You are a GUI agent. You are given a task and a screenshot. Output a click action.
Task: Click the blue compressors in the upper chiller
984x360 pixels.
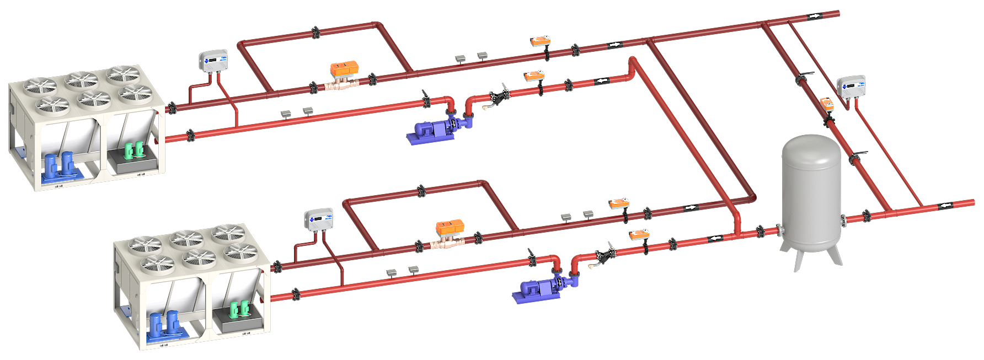pyautogui.click(x=59, y=165)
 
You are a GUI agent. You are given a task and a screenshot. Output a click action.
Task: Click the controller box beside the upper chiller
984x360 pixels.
pyautogui.click(x=213, y=60)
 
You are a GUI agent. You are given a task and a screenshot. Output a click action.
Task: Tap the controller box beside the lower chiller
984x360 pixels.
pyautogui.click(x=319, y=219)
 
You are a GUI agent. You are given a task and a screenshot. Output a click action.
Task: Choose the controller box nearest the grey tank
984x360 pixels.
pyautogui.click(x=851, y=87)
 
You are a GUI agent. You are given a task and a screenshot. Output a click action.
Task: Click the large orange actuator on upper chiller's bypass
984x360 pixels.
pyautogui.click(x=344, y=69)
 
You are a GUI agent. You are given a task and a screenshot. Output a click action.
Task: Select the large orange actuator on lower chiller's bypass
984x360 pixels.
pyautogui.click(x=450, y=227)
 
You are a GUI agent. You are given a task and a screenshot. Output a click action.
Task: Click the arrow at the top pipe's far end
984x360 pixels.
pyautogui.click(x=814, y=17)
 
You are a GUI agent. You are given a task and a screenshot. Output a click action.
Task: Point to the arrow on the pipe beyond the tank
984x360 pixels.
pyautogui.click(x=945, y=206)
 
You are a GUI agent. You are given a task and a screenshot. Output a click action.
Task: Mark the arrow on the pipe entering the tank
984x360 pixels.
pyautogui.click(x=715, y=239)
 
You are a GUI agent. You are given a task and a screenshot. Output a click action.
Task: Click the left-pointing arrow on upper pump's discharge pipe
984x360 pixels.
pyautogui.click(x=602, y=82)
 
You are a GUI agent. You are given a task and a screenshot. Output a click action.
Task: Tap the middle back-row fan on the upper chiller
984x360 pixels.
pyautogui.click(x=81, y=79)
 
